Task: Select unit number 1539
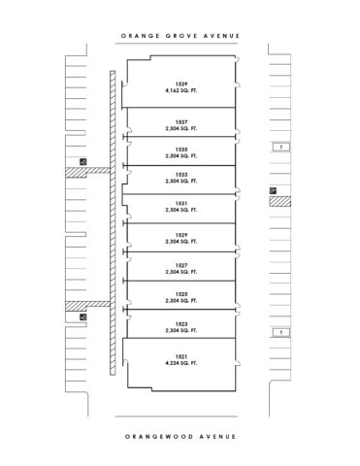tap(181, 83)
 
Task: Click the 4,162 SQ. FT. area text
tap(181, 91)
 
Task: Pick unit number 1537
tap(181, 122)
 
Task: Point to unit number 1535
tap(181, 149)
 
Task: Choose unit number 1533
tap(181, 175)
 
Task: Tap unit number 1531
tap(181, 203)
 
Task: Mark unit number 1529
tap(181, 234)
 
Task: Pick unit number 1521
tap(181, 356)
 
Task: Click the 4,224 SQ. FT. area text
tap(181, 364)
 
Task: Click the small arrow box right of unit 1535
tap(279, 147)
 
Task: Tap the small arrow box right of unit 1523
tap(279, 332)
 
